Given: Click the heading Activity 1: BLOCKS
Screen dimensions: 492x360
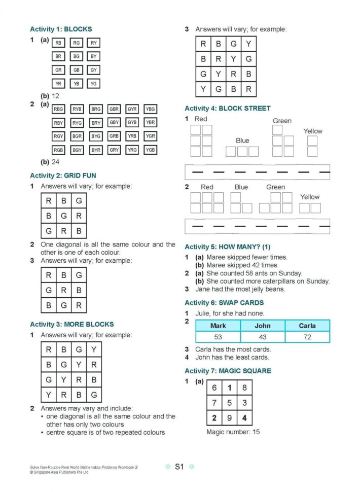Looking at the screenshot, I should coord(61,29).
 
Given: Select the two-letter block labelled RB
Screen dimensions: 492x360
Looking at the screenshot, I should coord(58,43).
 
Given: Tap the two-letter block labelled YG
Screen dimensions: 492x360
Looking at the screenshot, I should coord(93,83).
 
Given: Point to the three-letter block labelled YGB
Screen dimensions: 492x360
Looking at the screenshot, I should coord(150,150).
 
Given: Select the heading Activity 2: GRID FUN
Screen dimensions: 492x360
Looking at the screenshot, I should coord(63,175).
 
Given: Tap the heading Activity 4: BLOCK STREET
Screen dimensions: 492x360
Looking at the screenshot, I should coord(227,108).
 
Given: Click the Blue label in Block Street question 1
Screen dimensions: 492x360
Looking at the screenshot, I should coord(242,140).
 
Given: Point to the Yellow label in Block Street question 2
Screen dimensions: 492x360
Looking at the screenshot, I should coord(309,197).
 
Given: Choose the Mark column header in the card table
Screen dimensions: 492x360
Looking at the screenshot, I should coord(218,326).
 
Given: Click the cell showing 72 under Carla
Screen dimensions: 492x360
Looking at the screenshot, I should coord(307,337).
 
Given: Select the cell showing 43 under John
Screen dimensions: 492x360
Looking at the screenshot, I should coord(262,337).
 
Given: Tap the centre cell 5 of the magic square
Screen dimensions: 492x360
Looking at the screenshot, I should coord(229,403).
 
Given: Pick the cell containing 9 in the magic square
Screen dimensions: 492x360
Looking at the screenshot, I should coord(229,418).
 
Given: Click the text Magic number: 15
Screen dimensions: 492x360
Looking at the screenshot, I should coord(233,432).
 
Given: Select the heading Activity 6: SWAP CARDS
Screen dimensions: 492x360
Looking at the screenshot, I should coord(224,303).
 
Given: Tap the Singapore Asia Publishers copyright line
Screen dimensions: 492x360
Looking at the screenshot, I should coord(59,472).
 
